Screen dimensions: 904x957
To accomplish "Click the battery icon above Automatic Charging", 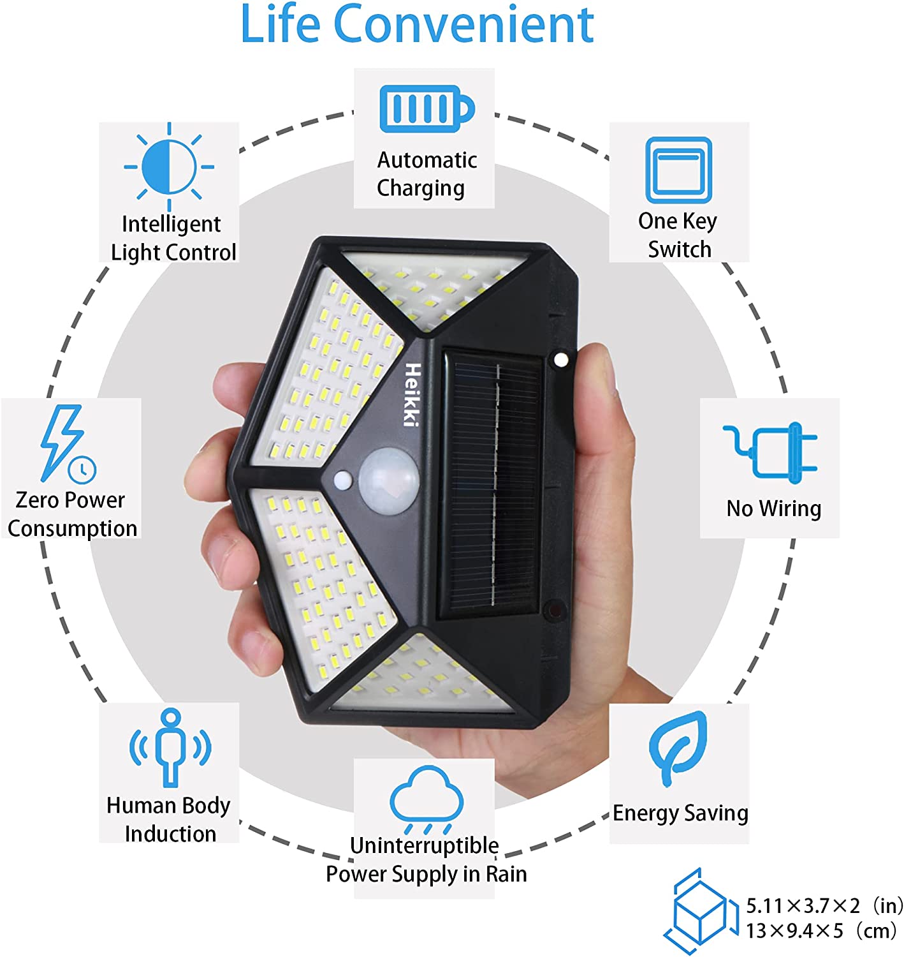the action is [426, 108].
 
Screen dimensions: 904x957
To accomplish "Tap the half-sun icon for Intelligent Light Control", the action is [169, 167].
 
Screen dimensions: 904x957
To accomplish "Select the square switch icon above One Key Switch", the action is [678, 170].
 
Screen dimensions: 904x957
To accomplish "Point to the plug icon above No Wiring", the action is [770, 453].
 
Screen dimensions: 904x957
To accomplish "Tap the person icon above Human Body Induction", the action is [170, 748].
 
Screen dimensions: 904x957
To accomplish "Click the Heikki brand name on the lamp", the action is [412, 395].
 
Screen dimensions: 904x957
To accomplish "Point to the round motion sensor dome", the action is [388, 480].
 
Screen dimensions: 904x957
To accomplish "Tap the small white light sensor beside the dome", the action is [343, 480].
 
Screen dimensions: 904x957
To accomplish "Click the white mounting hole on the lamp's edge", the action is [561, 360].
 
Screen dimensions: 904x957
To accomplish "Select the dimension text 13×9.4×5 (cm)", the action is [821, 931].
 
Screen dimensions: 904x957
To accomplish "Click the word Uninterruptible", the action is [424, 845].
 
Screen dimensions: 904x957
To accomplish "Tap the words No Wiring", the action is [773, 508].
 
